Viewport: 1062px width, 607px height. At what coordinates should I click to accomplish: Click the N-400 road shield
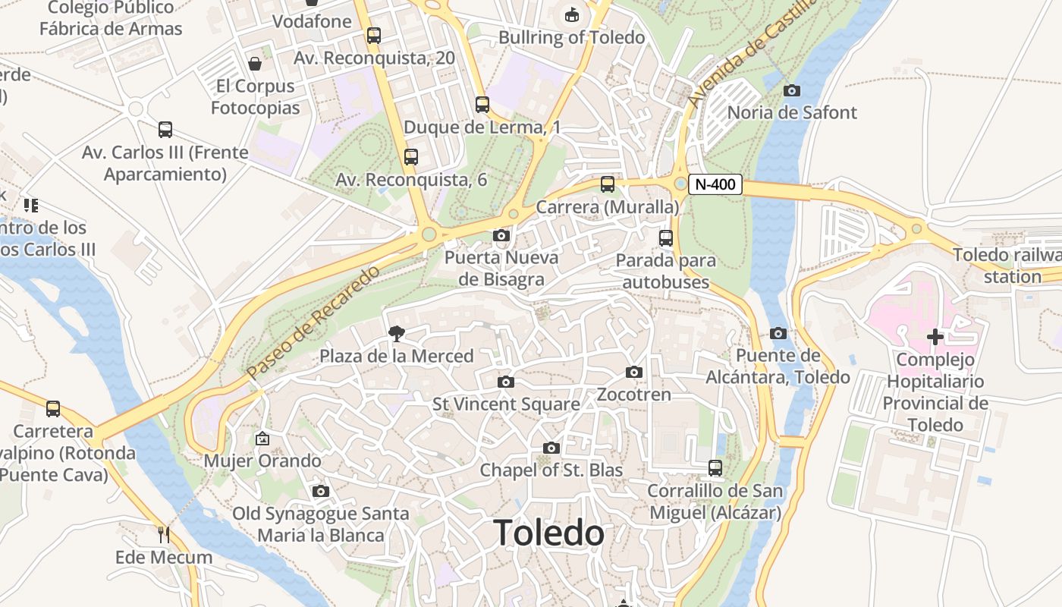point(715,184)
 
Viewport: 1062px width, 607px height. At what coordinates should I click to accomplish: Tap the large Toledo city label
point(549,533)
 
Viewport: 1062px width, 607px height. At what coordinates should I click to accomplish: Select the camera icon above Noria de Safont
point(791,91)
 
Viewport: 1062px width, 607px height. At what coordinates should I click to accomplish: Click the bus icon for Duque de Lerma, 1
point(482,105)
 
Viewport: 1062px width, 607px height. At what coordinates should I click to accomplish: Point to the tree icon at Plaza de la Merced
point(395,333)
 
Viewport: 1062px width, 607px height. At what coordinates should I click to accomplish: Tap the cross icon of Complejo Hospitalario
point(935,337)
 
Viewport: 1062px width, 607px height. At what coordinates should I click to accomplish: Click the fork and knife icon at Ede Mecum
point(164,534)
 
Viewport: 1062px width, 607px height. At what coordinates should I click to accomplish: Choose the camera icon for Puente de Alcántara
point(778,334)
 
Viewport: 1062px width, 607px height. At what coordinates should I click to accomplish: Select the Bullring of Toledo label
point(571,37)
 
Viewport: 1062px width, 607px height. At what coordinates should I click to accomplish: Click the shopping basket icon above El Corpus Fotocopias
point(255,64)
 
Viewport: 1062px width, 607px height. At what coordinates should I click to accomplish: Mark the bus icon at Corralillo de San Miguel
point(715,468)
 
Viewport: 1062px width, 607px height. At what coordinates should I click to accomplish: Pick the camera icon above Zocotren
point(634,372)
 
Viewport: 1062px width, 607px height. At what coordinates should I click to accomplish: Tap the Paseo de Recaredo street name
point(313,323)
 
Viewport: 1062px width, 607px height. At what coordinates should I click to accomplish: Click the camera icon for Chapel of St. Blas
point(551,448)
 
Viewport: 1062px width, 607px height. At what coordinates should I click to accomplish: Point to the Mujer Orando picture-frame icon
point(262,439)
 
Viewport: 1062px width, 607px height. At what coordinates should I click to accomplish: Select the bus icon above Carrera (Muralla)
point(608,184)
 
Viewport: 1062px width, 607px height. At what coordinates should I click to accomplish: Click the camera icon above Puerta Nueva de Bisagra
point(501,235)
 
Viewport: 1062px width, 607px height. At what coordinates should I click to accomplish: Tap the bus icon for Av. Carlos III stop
point(165,130)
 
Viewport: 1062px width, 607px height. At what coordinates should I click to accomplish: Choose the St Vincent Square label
point(506,404)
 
